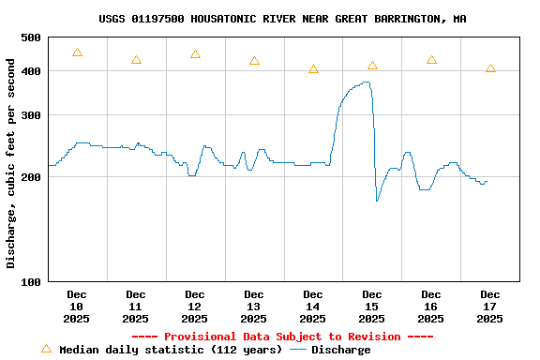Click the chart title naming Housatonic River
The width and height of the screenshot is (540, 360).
282,19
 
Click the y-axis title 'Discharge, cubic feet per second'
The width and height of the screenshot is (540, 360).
11,163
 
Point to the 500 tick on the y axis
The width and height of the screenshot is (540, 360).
31,37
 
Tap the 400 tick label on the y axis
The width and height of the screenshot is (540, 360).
31,71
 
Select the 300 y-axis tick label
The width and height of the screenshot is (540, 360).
31,115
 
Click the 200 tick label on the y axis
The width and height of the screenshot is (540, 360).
31,177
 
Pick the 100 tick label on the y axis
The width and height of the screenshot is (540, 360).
31,281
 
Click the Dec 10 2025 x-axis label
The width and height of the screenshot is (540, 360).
77,307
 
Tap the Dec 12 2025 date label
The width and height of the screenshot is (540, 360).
195,307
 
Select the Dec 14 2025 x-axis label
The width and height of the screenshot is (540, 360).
313,307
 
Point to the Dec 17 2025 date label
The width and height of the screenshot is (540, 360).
489,307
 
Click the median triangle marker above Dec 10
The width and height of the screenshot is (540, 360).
77,52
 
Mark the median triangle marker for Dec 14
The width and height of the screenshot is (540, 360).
313,69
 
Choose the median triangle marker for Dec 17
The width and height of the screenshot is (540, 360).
490,68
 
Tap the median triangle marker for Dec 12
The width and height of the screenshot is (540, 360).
195,54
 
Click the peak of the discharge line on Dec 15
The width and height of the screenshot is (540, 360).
366,82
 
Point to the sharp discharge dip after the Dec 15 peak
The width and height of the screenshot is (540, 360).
377,201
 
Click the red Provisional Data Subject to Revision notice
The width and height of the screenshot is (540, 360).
282,337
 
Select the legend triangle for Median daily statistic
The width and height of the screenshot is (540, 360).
46,349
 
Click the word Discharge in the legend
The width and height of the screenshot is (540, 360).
340,350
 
